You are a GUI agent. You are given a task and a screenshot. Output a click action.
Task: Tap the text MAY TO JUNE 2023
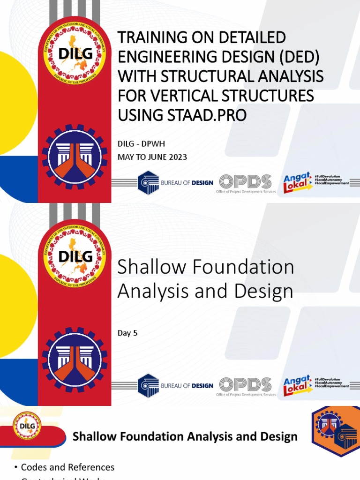tap(152, 157)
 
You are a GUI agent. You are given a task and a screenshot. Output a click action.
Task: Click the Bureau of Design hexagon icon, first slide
tap(148, 183)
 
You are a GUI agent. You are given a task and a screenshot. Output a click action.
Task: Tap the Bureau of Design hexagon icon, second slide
tap(148, 386)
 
